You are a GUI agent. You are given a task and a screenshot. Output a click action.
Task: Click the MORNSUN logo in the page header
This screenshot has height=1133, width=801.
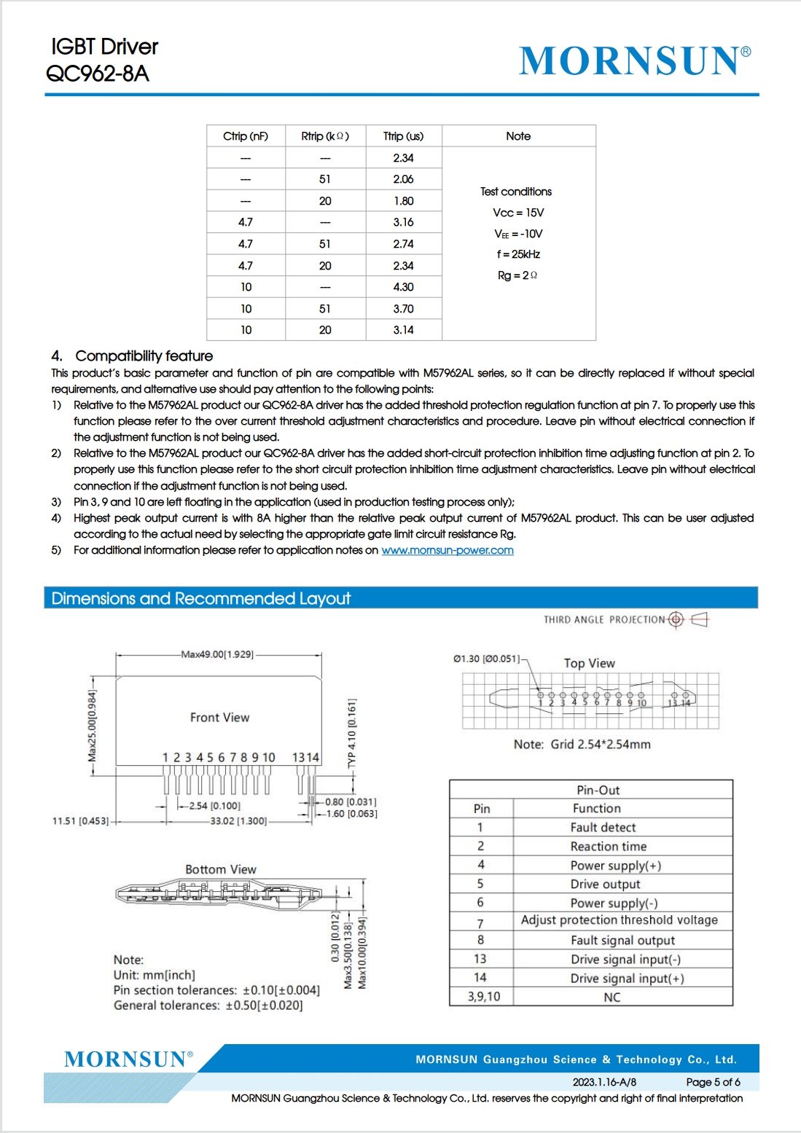click(x=634, y=60)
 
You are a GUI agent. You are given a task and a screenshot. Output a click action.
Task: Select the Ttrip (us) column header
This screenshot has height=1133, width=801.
click(x=403, y=136)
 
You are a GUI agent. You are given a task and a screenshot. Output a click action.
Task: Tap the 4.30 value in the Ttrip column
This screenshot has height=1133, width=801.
click(x=403, y=287)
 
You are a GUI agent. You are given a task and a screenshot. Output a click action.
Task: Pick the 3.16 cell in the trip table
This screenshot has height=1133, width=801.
click(x=403, y=222)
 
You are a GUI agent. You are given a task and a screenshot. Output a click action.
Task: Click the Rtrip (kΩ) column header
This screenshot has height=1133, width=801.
click(x=325, y=136)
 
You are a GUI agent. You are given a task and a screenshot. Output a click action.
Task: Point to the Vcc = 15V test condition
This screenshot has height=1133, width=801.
click(x=518, y=213)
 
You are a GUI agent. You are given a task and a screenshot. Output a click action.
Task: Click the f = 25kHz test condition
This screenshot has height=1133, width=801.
click(x=518, y=254)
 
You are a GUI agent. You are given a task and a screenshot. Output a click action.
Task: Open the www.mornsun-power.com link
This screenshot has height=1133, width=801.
click(x=448, y=550)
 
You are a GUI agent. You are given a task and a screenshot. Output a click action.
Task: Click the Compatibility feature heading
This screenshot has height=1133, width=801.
click(x=144, y=356)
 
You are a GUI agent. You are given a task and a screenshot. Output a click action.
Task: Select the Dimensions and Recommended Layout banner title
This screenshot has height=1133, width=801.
click(x=201, y=598)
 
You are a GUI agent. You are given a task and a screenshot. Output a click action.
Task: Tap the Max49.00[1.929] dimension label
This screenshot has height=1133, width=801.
click(x=217, y=654)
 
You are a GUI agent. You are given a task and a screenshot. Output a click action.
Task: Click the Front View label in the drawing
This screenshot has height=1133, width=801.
click(x=219, y=718)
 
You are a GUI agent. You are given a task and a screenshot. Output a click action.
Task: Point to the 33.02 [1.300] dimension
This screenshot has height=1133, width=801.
click(x=238, y=821)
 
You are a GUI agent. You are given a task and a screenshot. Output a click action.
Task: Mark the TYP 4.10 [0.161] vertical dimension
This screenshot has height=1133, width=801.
click(x=352, y=733)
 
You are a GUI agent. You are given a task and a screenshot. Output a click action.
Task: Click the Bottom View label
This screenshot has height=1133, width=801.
click(x=221, y=869)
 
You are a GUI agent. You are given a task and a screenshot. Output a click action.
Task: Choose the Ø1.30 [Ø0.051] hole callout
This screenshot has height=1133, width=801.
click(x=486, y=659)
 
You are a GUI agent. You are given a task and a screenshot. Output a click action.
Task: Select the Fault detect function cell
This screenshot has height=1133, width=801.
click(x=603, y=828)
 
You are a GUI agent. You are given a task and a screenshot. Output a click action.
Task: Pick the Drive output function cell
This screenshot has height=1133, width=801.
click(x=605, y=884)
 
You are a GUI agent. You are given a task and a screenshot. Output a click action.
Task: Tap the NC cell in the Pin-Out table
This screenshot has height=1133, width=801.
click(x=612, y=997)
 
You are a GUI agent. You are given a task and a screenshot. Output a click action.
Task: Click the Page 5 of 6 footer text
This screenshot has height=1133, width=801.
click(x=713, y=1082)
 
